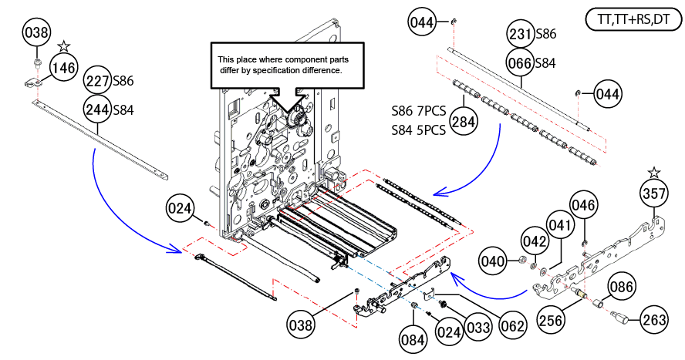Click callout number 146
pyautogui.click(x=64, y=68)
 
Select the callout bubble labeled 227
pyautogui.click(x=97, y=81)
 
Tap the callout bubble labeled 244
pyautogui.click(x=97, y=109)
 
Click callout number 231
pyautogui.click(x=520, y=34)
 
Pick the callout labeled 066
pyautogui.click(x=520, y=63)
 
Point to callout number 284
pyautogui.click(x=463, y=121)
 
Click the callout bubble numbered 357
pyautogui.click(x=654, y=193)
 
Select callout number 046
pyautogui.click(x=584, y=205)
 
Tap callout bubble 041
pyautogui.click(x=559, y=225)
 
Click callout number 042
pyautogui.click(x=535, y=241)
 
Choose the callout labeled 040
pyautogui.click(x=492, y=261)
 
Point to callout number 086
pyautogui.click(x=621, y=286)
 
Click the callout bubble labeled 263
pyautogui.click(x=654, y=320)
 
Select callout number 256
pyautogui.click(x=550, y=320)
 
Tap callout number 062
pyautogui.click(x=512, y=325)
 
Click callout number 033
pyautogui.click(x=478, y=327)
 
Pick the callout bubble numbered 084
pyautogui.click(x=413, y=339)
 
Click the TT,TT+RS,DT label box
pyautogui.click(x=633, y=19)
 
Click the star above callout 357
pyautogui.click(x=654, y=172)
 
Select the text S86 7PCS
pyautogui.click(x=419, y=111)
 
